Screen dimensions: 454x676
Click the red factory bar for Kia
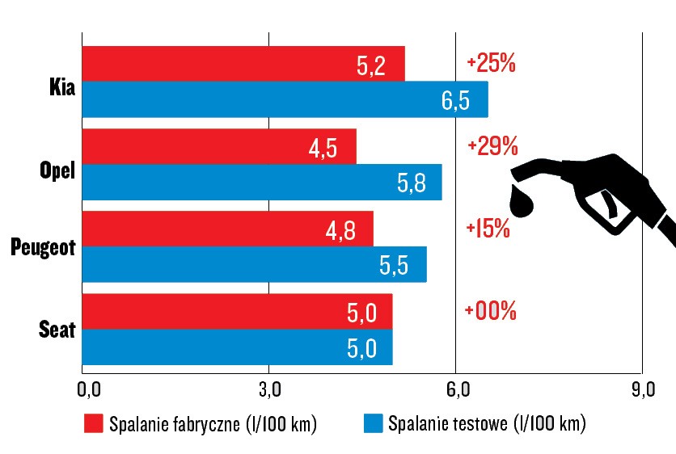point(243,64)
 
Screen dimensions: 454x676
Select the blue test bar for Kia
point(283,99)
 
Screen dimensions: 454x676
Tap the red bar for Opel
point(218,146)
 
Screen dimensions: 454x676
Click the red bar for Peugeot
point(227,229)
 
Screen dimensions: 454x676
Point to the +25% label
point(491,64)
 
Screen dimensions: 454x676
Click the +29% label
point(492,145)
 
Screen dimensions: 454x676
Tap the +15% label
point(488,228)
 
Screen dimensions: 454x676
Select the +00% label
point(491,310)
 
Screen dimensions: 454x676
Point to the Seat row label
point(57,329)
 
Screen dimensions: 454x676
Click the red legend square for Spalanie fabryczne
point(93,423)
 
